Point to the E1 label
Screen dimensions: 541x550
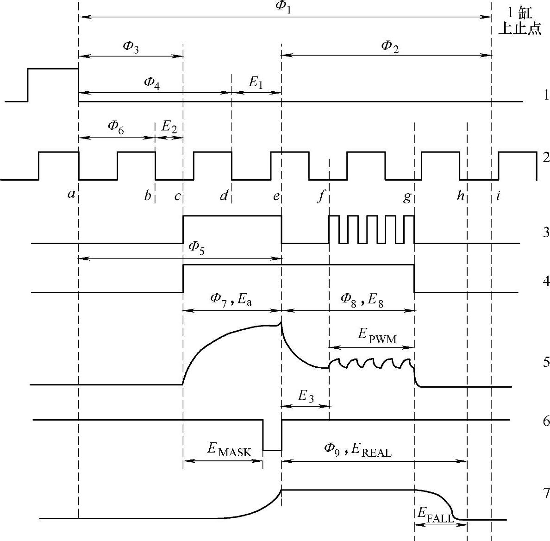256,83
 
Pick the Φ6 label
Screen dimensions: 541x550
116,126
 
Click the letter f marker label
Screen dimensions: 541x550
320,197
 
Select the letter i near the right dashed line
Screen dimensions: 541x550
498,196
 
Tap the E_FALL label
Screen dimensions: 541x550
435,514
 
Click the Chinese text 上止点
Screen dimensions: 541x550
519,29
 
